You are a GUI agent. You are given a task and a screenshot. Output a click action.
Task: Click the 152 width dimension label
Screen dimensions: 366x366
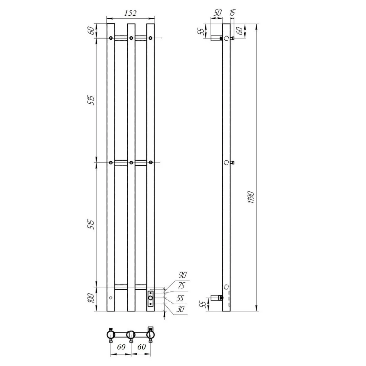click(130, 13)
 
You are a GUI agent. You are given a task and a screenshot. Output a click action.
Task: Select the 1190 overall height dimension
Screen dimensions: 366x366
click(251, 198)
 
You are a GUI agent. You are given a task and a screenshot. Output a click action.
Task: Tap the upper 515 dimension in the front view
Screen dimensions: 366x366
click(91, 100)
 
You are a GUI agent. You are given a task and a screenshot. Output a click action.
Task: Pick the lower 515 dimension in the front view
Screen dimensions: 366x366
click(91, 224)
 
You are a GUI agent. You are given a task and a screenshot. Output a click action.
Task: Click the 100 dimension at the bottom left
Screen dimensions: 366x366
click(91, 298)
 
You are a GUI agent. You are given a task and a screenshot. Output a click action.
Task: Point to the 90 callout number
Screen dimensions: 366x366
click(183, 275)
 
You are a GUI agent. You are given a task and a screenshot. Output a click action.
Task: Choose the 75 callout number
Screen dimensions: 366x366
click(181, 285)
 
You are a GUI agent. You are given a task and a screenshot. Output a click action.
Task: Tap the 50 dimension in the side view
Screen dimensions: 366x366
click(217, 13)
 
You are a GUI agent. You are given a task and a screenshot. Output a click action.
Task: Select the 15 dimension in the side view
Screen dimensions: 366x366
click(232, 13)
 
